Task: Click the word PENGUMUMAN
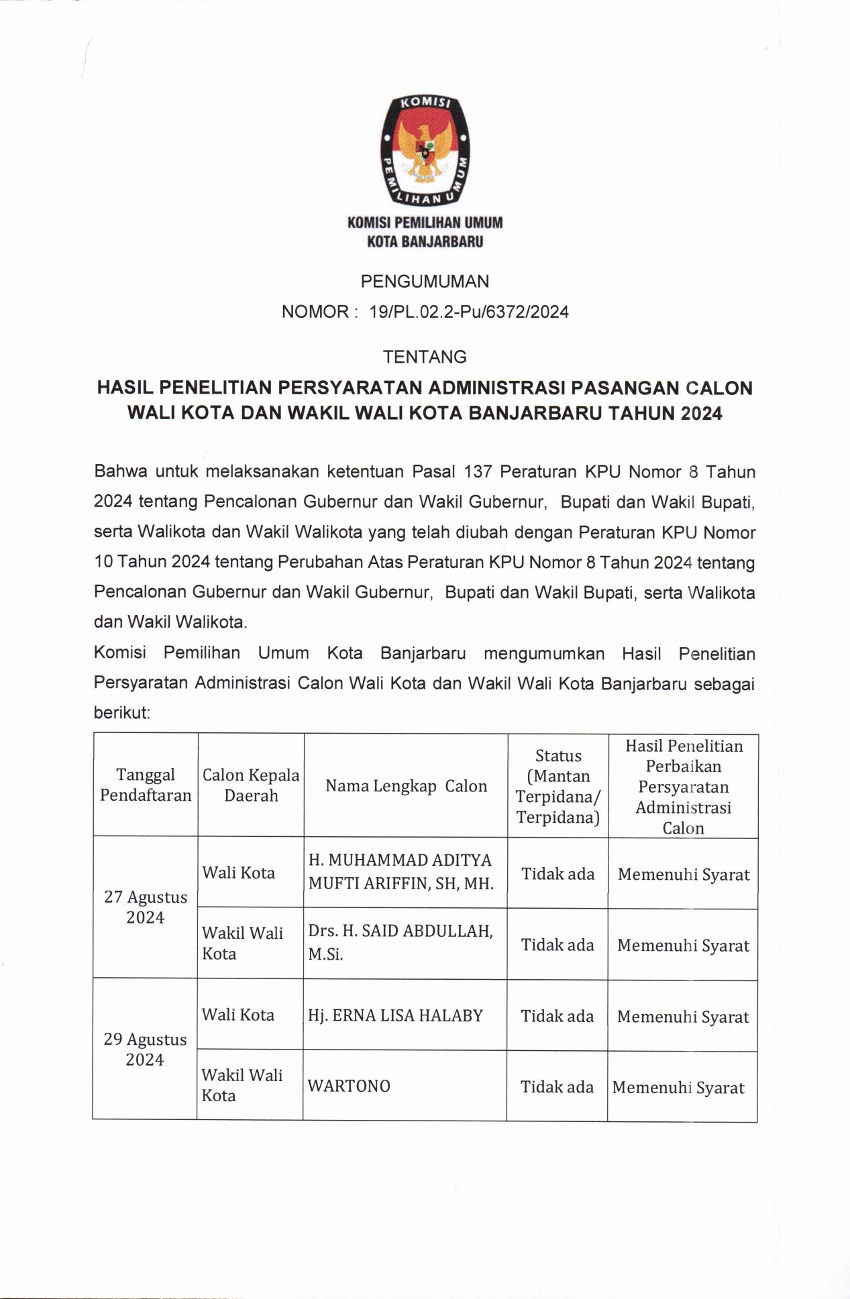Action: tap(425, 282)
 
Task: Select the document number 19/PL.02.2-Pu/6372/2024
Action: tap(469, 312)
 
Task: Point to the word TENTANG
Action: tap(425, 357)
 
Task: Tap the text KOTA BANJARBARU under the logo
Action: tap(425, 241)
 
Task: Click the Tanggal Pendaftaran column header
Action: tap(146, 785)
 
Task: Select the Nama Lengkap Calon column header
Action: tap(406, 786)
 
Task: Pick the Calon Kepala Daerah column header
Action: tap(251, 785)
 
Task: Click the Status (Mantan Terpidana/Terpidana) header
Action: tap(558, 786)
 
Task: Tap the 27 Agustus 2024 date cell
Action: tap(146, 907)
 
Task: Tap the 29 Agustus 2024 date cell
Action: tap(145, 1050)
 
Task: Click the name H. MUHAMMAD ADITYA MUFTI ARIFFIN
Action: tap(401, 872)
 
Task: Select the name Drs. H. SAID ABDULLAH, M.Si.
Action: tap(401, 942)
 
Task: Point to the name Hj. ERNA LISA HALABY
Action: tap(395, 1015)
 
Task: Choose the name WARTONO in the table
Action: tap(349, 1086)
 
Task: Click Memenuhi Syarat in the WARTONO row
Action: tap(678, 1088)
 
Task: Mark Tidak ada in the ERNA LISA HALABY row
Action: tap(557, 1017)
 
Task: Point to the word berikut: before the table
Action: tap(122, 713)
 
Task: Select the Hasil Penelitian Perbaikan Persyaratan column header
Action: tap(684, 786)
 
